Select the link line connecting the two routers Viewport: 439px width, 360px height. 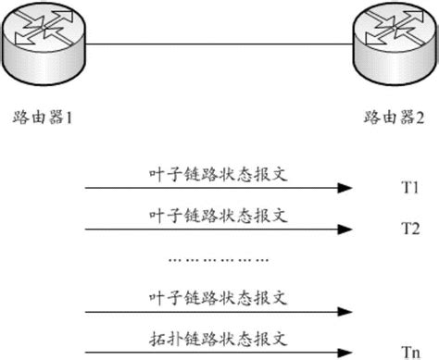(219, 42)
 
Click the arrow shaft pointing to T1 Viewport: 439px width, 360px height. (213, 189)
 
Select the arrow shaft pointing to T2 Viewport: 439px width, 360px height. (213, 229)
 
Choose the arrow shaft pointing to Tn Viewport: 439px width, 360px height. (213, 351)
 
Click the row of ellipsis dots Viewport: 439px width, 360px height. (219, 260)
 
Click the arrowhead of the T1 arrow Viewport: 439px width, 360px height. (345, 189)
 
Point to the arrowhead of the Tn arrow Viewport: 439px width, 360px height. (345, 351)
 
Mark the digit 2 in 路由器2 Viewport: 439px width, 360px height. (420, 118)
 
